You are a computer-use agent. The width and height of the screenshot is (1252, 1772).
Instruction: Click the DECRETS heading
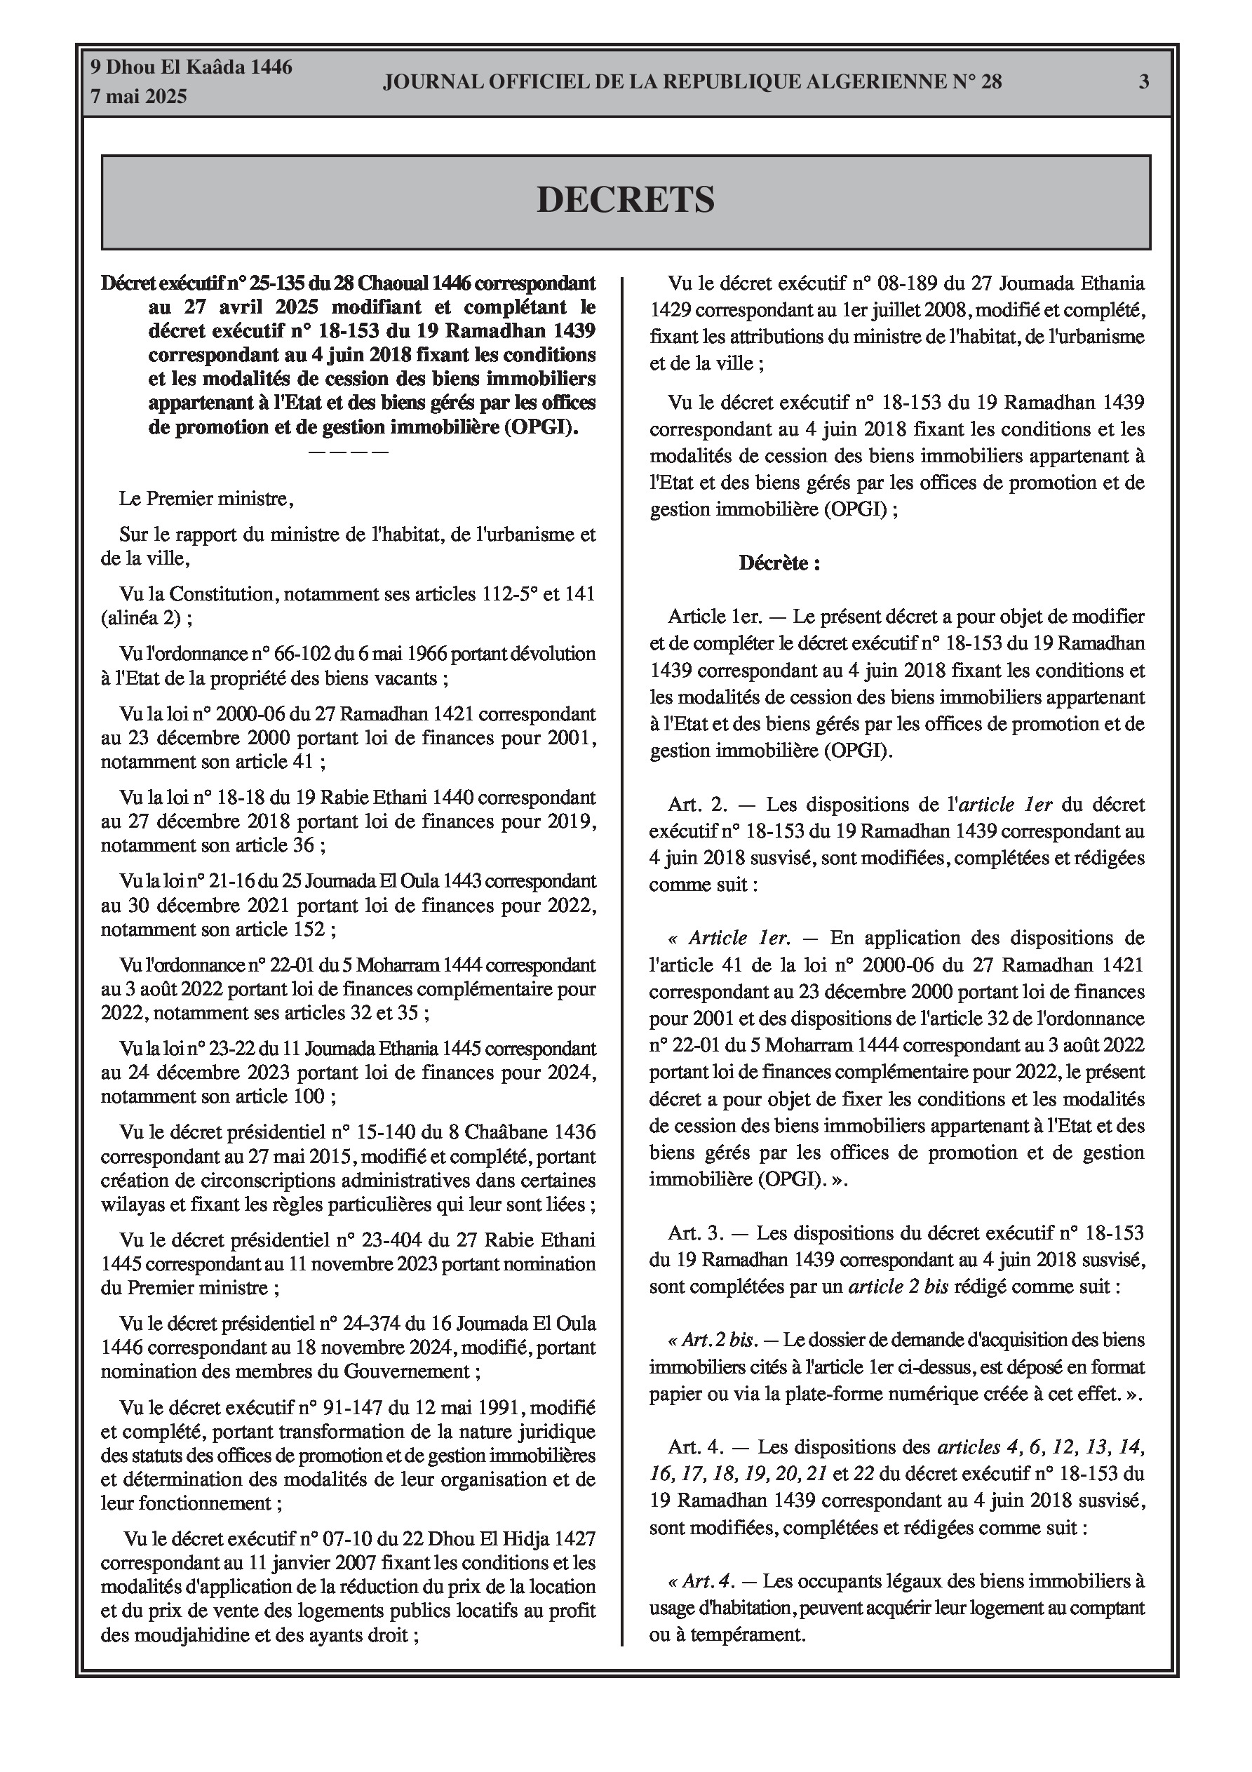pyautogui.click(x=625, y=200)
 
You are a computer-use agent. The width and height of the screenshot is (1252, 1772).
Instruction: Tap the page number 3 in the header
pyautogui.click(x=1144, y=81)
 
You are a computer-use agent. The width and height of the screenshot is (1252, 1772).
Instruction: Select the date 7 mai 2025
pyautogui.click(x=139, y=97)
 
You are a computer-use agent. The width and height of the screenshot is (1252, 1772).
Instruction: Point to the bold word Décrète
pyautogui.click(x=778, y=563)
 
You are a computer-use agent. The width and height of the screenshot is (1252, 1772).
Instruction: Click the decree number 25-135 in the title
pyautogui.click(x=264, y=283)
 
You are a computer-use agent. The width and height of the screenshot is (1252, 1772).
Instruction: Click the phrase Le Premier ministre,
pyautogui.click(x=206, y=499)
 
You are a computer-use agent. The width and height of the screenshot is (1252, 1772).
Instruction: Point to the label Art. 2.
pyautogui.click(x=698, y=804)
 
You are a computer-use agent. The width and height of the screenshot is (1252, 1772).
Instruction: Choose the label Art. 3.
pyautogui.click(x=697, y=1233)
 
